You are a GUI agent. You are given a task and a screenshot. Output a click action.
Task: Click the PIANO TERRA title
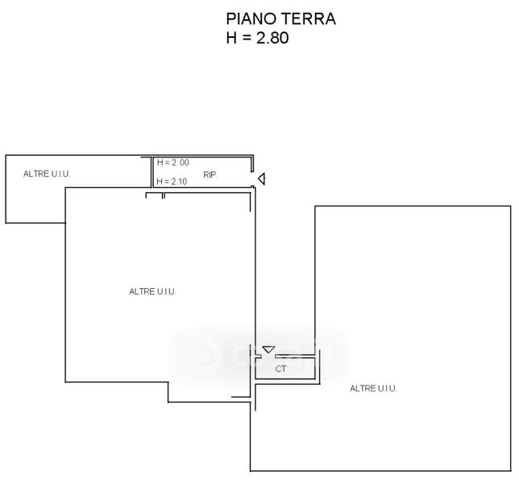[x=280, y=19]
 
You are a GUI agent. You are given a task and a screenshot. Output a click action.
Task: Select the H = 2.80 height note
[x=257, y=38]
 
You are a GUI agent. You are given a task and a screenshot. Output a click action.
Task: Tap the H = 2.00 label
[x=172, y=162]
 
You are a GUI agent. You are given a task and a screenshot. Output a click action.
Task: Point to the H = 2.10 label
[x=172, y=181]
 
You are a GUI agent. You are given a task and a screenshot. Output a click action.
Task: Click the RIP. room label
[x=211, y=175]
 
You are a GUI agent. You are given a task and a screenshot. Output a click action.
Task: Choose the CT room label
[x=280, y=369]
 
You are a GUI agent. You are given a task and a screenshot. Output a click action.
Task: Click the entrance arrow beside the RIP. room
[x=261, y=179]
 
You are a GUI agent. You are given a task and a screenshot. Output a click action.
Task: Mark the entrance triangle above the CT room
[x=268, y=349]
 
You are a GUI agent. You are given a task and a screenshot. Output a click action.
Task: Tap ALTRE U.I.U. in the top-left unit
[x=47, y=173]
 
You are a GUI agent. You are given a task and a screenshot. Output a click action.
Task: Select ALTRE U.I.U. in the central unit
[x=152, y=291]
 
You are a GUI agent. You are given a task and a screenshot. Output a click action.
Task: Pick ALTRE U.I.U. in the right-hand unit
[x=373, y=388]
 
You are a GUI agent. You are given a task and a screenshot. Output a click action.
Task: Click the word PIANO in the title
[x=252, y=19]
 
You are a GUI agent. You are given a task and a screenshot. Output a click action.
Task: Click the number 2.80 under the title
[x=272, y=38]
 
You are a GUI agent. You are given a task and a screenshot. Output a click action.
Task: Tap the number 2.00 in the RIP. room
[x=180, y=162]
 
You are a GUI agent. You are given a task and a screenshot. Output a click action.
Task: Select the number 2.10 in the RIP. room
[x=179, y=181]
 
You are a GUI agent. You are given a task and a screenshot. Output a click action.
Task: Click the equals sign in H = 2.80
[x=247, y=38]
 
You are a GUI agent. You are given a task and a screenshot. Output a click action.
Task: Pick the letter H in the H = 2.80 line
[x=231, y=38]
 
